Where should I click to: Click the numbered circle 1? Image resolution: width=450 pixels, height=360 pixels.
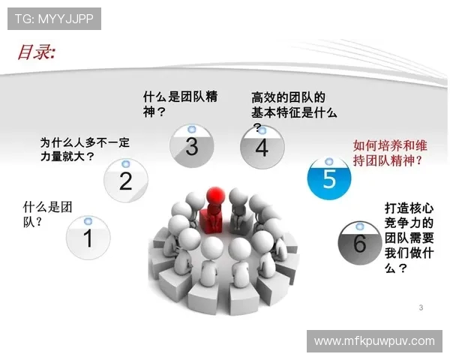point(87,238)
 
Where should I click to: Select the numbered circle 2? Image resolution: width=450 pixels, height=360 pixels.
point(125,181)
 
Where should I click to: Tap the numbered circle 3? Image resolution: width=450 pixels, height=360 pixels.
point(191,145)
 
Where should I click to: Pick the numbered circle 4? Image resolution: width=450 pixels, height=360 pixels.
point(261,147)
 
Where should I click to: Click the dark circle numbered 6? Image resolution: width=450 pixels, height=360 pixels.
point(359,242)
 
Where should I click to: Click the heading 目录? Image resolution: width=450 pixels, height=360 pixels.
point(37,52)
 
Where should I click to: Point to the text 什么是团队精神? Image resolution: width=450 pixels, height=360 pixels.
point(180,103)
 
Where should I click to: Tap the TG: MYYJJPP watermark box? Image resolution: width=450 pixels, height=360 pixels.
point(54,19)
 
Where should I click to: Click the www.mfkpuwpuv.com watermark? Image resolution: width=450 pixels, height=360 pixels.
point(374,340)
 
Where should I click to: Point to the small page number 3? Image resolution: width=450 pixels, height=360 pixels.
point(421,307)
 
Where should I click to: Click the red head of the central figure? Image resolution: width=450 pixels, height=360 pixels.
point(215,194)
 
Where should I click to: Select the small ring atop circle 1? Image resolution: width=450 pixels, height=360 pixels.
point(88,221)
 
